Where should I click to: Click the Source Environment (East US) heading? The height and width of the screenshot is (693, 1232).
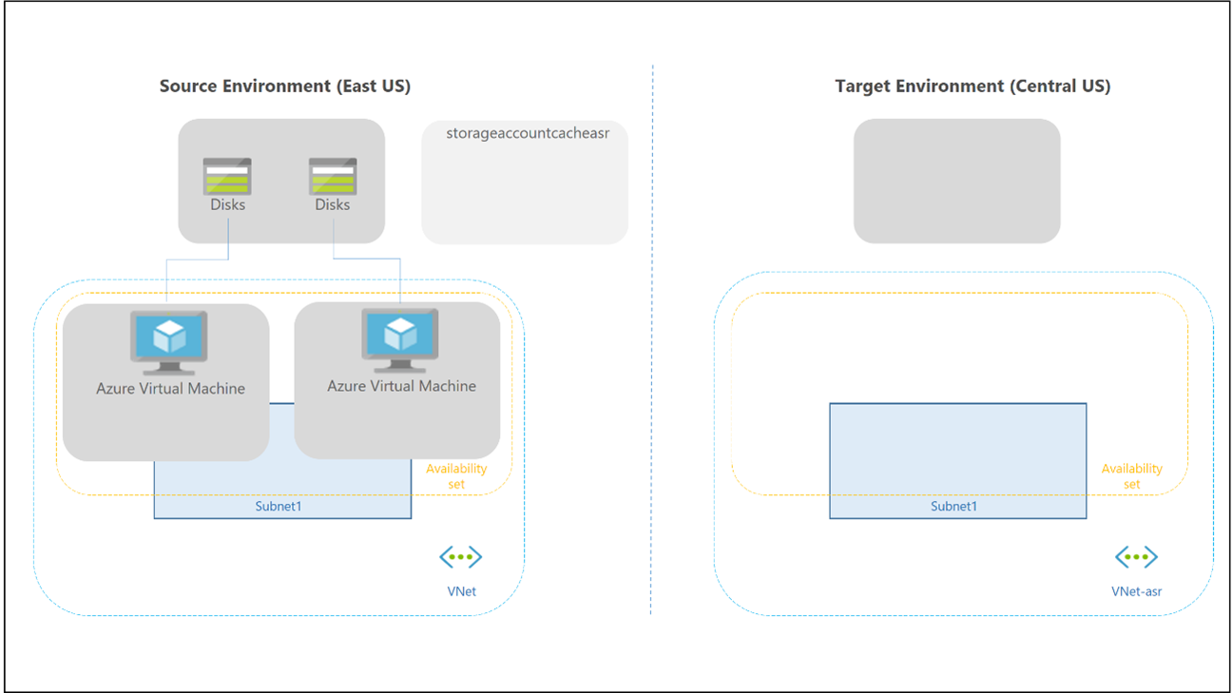(285, 87)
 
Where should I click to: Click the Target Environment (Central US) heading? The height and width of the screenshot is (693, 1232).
(972, 87)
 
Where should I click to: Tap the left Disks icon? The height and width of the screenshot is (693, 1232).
(227, 176)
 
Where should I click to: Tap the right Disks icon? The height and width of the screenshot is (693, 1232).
(333, 176)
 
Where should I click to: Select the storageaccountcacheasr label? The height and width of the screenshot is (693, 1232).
(527, 134)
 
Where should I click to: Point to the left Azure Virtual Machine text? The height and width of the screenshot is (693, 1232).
(170, 389)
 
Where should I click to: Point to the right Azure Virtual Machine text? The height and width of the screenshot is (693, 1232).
(401, 386)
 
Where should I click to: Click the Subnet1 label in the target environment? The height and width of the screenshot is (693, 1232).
(953, 507)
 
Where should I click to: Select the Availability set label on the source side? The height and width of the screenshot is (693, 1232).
(456, 476)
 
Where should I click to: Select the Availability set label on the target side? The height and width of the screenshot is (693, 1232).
(1131, 476)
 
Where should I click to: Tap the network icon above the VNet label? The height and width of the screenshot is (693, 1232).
(461, 558)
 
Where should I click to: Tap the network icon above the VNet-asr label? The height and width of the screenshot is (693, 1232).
(1136, 558)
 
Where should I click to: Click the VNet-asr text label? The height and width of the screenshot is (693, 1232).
(1136, 591)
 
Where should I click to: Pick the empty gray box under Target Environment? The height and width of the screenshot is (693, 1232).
(956, 181)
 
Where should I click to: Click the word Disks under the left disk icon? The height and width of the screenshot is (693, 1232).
(227, 205)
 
